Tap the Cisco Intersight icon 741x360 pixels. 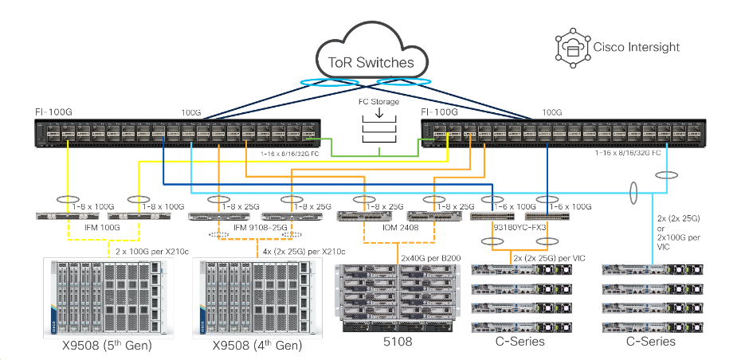[571, 47]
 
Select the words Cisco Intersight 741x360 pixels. [637, 47]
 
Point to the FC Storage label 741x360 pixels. [378, 102]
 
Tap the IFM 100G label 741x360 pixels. [103, 229]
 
